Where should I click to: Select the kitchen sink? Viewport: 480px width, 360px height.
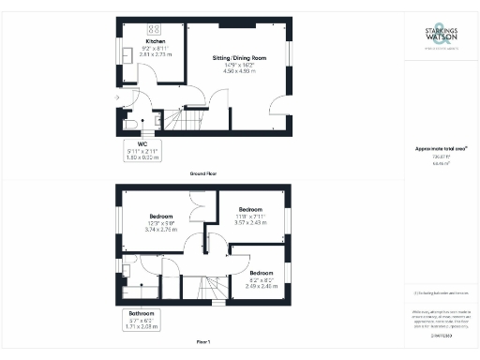pos(126,55)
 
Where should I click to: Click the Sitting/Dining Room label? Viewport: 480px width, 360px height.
pos(240,57)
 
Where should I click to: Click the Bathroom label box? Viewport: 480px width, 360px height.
pos(142,320)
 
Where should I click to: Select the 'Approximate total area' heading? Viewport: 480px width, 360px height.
pos(441,148)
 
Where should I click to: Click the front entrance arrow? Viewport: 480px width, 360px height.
pos(115,97)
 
